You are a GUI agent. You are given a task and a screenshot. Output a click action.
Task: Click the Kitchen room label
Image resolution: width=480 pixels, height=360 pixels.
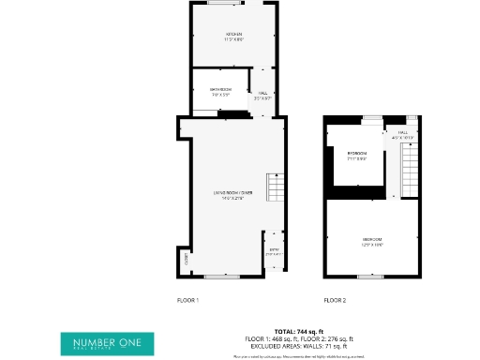click(x=233, y=37)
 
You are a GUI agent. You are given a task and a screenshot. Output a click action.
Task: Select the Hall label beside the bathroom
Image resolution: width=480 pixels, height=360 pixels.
click(x=262, y=95)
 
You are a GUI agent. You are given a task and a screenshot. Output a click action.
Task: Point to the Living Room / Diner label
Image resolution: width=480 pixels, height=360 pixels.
click(x=232, y=195)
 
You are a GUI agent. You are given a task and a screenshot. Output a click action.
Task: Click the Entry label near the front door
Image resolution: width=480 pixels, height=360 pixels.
click(x=274, y=250)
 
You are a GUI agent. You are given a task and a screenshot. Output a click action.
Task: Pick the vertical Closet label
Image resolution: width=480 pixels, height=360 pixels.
click(x=186, y=259)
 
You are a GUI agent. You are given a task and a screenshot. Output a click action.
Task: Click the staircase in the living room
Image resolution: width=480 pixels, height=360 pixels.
click(x=274, y=188)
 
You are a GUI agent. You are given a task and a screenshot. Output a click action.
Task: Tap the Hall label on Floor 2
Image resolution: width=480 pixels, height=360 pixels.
click(x=404, y=134)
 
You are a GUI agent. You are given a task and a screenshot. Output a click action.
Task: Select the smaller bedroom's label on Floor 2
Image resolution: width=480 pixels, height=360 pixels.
click(x=356, y=155)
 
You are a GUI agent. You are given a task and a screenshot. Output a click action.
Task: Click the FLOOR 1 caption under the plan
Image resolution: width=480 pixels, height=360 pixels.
click(x=188, y=300)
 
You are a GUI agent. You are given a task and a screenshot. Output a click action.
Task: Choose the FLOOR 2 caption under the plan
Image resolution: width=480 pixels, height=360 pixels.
click(x=335, y=300)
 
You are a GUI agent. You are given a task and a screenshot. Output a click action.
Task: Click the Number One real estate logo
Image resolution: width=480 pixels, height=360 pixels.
click(x=101, y=344)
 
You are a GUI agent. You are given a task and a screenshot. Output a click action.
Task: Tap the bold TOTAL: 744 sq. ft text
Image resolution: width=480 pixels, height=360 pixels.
click(x=298, y=331)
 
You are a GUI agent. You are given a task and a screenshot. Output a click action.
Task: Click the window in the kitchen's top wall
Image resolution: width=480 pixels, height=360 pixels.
click(x=223, y=3)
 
